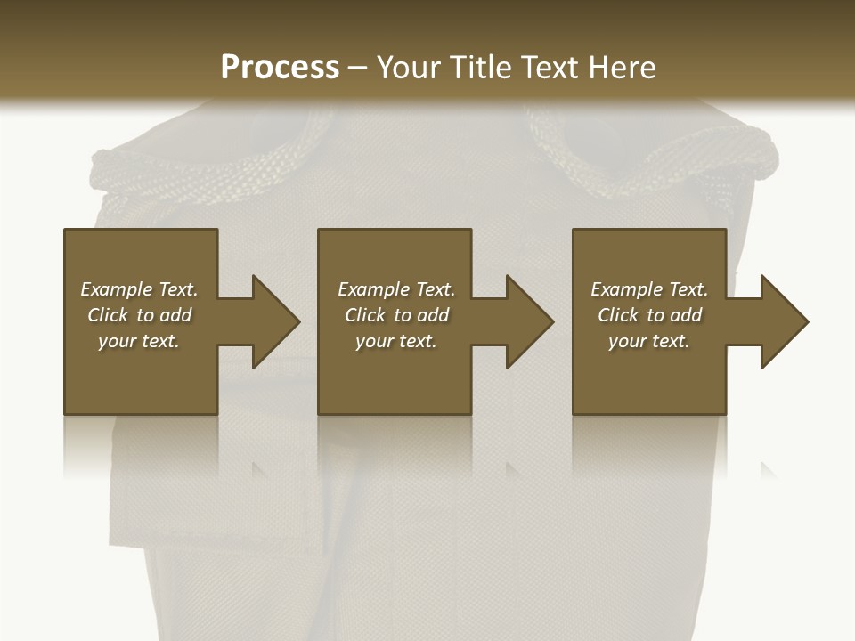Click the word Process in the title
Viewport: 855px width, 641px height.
280,68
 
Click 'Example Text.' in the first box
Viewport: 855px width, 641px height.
139,289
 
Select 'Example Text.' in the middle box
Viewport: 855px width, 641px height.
395,289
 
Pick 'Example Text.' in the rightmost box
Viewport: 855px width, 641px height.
649,289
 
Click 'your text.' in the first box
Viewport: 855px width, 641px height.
139,341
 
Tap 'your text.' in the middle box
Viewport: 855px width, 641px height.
395,341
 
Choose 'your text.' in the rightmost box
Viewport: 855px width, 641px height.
649,341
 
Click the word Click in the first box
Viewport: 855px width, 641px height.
108,315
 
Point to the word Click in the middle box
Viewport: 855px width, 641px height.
364,315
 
